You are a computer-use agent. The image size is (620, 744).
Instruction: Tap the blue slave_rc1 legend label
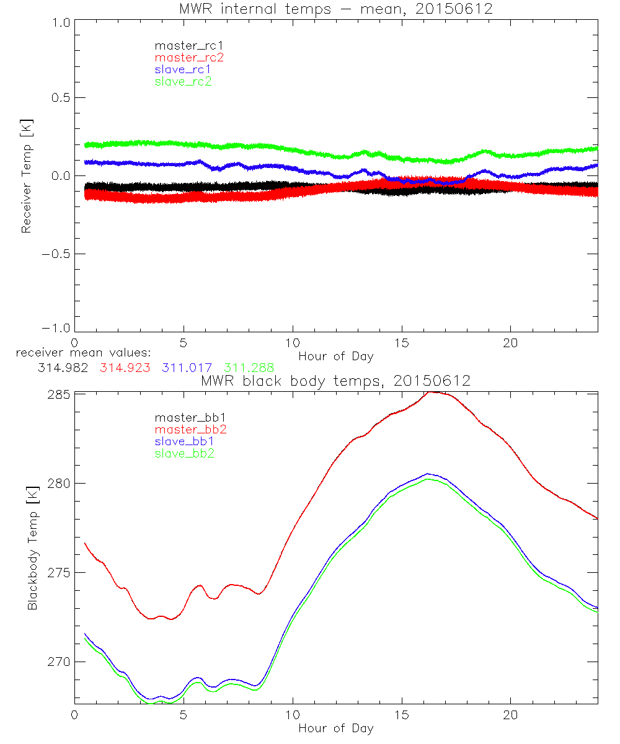click(x=183, y=69)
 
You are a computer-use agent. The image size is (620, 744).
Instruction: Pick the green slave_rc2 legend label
click(x=183, y=81)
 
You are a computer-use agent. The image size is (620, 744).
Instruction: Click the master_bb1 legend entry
click(x=185, y=418)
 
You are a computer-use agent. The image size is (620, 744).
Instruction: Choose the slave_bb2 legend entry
click(x=184, y=454)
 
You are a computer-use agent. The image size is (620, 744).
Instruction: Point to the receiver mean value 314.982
click(x=63, y=367)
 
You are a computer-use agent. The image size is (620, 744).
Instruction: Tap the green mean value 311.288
click(x=249, y=367)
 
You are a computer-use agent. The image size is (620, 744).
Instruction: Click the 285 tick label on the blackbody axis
click(x=58, y=394)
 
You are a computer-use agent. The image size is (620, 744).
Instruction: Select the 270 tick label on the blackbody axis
click(x=58, y=662)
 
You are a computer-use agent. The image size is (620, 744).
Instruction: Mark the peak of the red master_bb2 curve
click(x=432, y=392)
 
